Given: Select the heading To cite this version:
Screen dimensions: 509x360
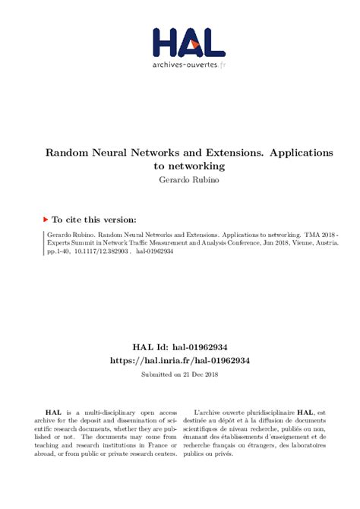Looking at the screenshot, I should point(95,218).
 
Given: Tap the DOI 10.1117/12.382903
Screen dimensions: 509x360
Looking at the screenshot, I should point(96,256).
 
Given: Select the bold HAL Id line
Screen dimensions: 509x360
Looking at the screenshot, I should point(178,346).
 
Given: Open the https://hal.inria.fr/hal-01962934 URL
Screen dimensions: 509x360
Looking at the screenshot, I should point(178,359).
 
